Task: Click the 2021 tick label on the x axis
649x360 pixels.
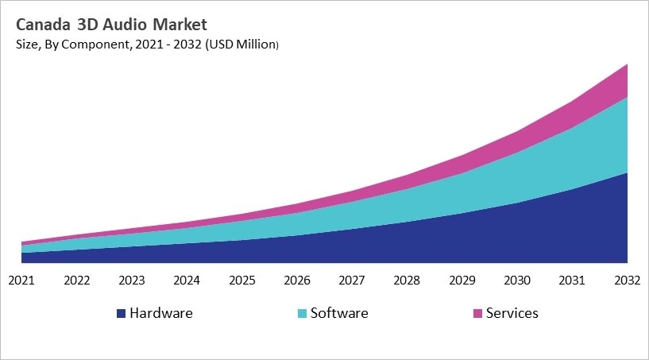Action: click(x=21, y=280)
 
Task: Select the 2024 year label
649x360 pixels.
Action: click(x=187, y=280)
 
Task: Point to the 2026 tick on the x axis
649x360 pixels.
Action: click(x=297, y=280)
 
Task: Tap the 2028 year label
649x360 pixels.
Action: click(x=407, y=280)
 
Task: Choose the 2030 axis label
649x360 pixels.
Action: click(x=517, y=280)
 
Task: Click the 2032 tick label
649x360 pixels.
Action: click(x=627, y=280)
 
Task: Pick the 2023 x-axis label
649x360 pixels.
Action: click(x=132, y=280)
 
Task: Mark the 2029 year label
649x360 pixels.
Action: click(x=462, y=280)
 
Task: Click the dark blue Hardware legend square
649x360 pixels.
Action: click(x=121, y=314)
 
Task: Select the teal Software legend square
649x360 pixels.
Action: click(x=302, y=314)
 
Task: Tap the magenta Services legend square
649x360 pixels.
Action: click(x=477, y=314)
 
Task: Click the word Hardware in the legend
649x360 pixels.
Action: click(x=160, y=313)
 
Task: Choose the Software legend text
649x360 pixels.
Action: click(x=339, y=313)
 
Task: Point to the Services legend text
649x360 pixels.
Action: click(x=512, y=313)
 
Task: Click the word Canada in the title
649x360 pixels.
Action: click(x=41, y=25)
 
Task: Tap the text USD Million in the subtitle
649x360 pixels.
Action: click(x=241, y=45)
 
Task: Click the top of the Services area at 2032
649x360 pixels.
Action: click(x=627, y=65)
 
